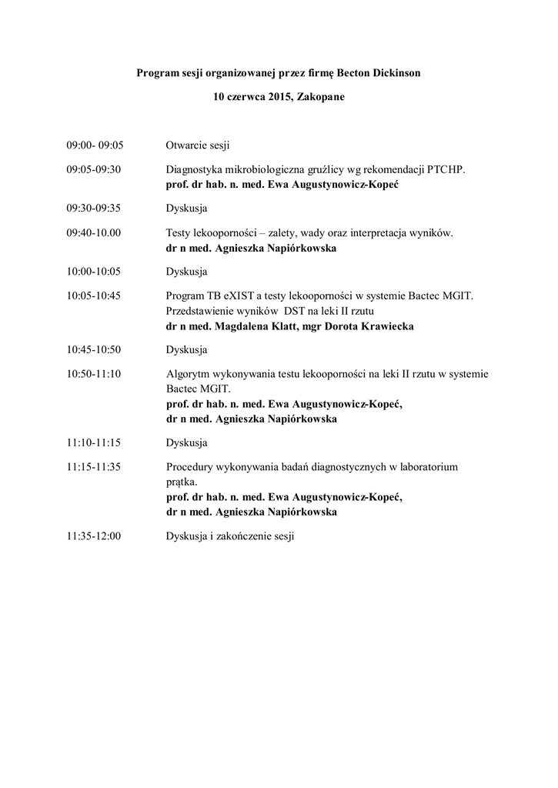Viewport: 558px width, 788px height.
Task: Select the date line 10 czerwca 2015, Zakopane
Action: (x=279, y=98)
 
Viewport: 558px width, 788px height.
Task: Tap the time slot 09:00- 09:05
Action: (x=95, y=145)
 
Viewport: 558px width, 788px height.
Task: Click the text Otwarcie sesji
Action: (x=198, y=145)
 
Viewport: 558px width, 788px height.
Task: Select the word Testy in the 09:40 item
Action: (x=180, y=232)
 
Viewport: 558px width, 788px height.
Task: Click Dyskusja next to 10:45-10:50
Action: (x=186, y=350)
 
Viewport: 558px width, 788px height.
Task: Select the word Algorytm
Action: (x=189, y=375)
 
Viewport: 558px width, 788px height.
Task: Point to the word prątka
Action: (x=181, y=482)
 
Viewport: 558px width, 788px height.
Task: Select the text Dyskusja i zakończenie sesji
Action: (x=230, y=536)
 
